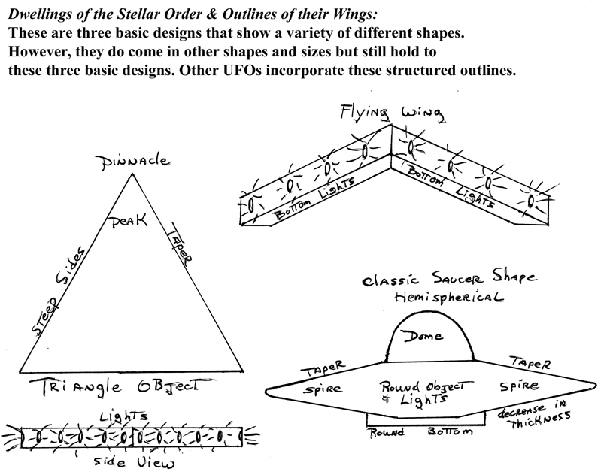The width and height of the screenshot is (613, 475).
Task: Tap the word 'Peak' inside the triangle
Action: tap(128, 222)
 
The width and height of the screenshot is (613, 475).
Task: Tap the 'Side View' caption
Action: tap(134, 462)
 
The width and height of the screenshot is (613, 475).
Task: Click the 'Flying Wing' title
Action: tap(392, 113)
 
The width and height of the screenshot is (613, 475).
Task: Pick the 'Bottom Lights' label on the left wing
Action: tap(314, 198)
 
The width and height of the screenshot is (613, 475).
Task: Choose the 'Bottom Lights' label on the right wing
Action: tap(449, 187)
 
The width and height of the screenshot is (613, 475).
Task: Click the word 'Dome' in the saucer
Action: tap(423, 335)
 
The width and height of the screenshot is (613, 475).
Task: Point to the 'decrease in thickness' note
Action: tap(533, 414)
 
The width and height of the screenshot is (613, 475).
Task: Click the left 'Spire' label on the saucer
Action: tap(323, 389)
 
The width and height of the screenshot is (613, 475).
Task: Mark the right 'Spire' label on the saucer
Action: tap(520, 386)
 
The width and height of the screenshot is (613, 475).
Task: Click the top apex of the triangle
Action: tap(133, 174)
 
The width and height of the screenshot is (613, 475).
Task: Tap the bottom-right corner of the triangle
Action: tap(243, 371)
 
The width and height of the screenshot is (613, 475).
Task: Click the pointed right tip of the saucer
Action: tap(596, 386)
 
